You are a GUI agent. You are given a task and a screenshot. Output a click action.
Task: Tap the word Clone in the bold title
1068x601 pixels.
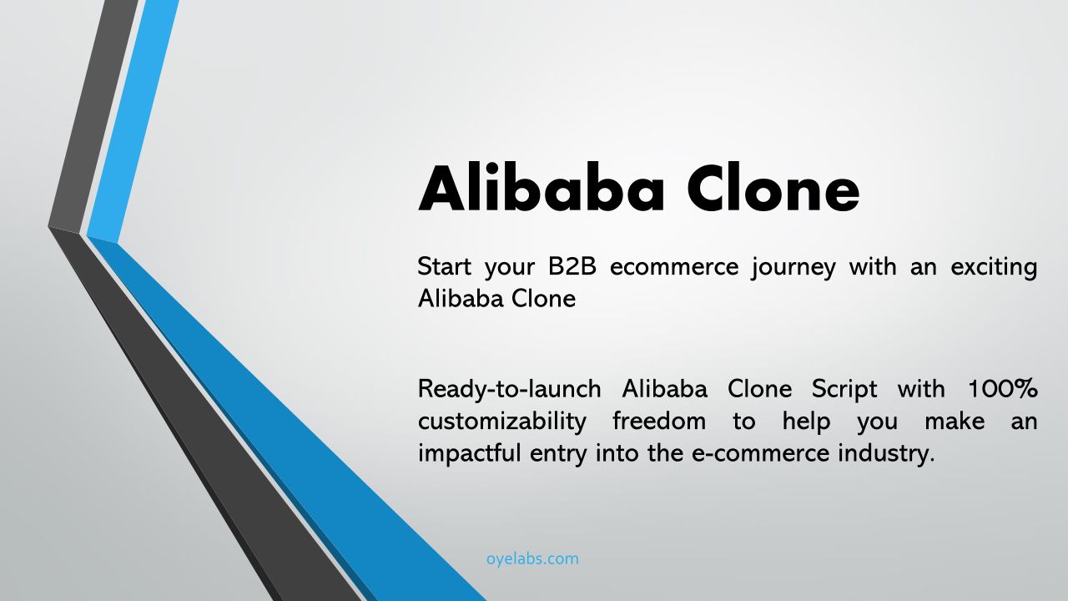(x=773, y=188)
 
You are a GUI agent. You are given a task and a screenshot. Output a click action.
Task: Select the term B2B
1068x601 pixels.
(x=572, y=266)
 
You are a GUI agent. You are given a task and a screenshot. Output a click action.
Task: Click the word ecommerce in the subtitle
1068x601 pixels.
(x=674, y=267)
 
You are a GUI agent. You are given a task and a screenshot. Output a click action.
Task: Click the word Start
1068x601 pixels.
(x=445, y=266)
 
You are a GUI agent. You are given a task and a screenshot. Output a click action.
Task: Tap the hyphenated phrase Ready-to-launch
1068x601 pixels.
(x=509, y=390)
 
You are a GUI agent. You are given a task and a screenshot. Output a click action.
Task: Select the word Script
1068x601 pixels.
(x=844, y=390)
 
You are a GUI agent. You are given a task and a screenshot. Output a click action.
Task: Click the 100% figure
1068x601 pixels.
(x=1003, y=389)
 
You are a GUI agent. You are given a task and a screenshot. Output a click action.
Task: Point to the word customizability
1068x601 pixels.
(x=502, y=422)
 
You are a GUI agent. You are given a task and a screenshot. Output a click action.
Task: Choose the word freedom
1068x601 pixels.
(x=659, y=421)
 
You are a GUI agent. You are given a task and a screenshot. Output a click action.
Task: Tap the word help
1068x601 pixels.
(x=806, y=422)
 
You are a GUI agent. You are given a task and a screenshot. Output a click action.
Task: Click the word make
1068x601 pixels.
(x=955, y=421)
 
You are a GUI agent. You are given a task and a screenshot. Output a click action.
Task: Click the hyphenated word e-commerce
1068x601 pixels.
(x=760, y=453)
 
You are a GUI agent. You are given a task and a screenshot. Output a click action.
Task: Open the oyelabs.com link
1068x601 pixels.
(x=532, y=558)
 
